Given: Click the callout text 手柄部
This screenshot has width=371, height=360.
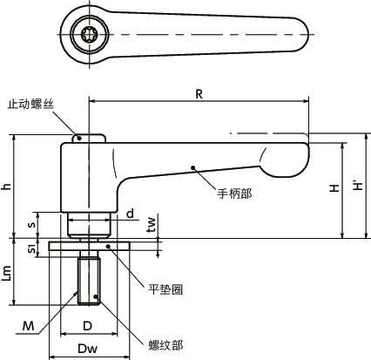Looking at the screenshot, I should tap(233, 193).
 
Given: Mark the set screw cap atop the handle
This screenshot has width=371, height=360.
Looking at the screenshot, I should tap(89, 138).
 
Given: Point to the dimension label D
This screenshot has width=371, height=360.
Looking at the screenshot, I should tap(88, 325).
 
